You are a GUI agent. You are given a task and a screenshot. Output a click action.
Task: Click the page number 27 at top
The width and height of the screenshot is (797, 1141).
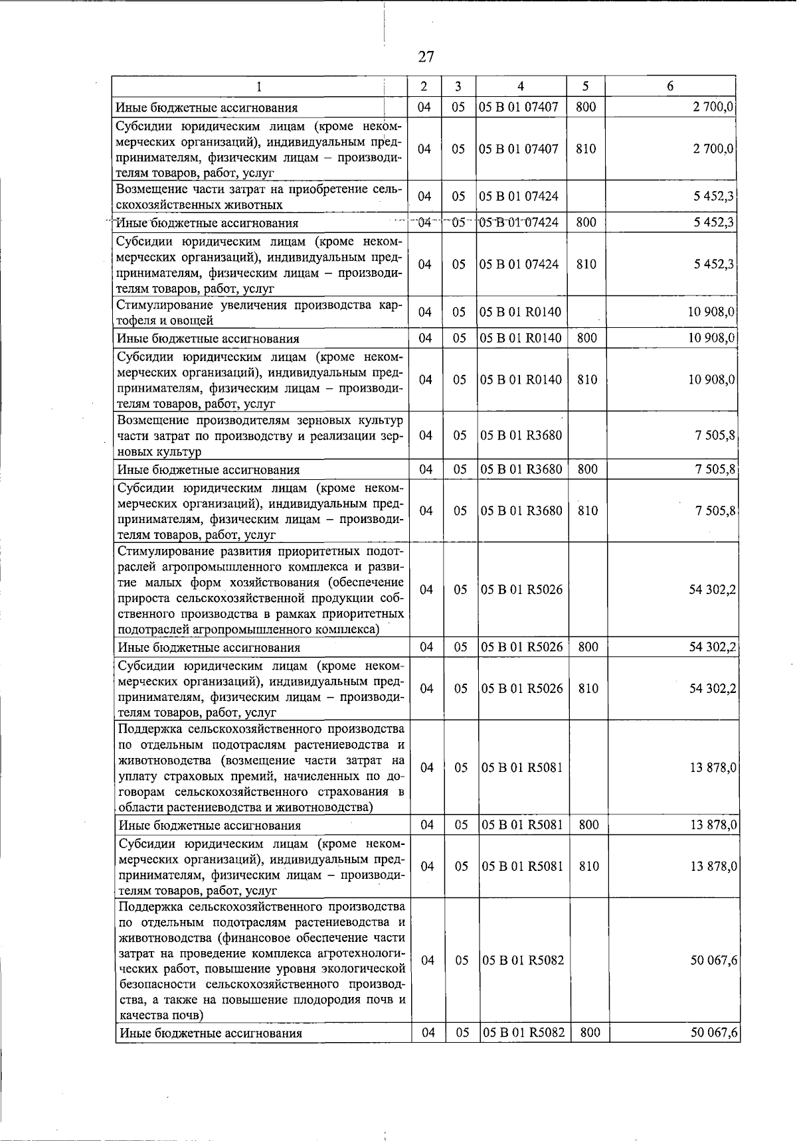coord(426,57)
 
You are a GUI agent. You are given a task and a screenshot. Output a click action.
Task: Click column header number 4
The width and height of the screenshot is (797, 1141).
coord(520,86)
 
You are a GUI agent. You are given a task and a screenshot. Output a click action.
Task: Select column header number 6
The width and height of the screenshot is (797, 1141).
coord(670,86)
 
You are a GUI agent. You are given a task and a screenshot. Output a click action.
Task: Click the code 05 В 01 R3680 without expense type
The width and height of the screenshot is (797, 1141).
coord(521,435)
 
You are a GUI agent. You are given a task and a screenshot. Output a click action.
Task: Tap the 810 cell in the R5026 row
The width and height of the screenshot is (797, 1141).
coord(588,688)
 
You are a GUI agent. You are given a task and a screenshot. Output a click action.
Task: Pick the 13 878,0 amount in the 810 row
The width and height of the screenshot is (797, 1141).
coord(713,866)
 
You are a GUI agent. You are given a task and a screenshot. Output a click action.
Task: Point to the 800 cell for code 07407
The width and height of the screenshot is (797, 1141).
coord(585,107)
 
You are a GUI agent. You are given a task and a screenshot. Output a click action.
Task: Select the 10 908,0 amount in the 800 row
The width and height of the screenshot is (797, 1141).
coord(711,338)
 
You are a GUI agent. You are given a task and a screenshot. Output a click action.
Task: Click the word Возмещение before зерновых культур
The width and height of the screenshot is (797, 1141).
coord(153,420)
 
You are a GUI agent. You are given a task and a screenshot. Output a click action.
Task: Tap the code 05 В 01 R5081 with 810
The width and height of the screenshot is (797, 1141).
coord(522,866)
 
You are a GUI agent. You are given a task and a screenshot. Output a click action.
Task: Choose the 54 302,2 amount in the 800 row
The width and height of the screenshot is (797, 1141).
coord(713,647)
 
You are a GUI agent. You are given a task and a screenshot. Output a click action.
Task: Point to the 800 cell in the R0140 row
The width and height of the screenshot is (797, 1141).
coord(586,338)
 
